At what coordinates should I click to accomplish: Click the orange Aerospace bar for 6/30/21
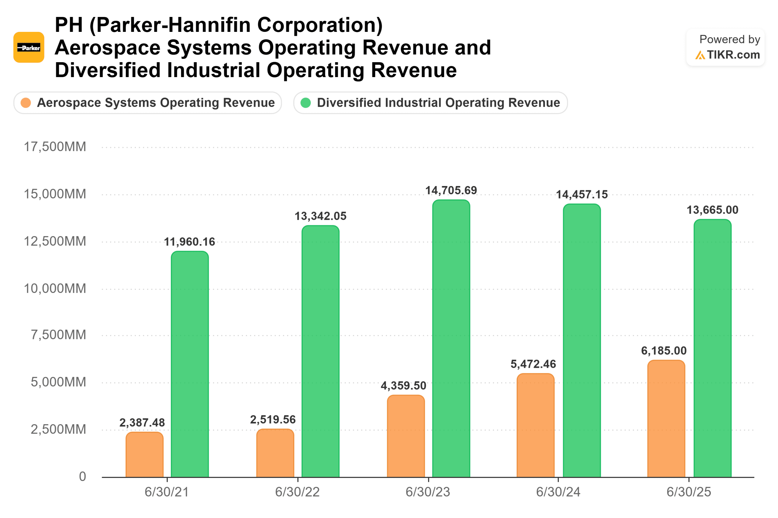pyautogui.click(x=145, y=455)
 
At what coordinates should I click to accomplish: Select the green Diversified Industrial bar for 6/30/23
pyautogui.click(x=451, y=338)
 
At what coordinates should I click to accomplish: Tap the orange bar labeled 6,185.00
pyautogui.click(x=666, y=418)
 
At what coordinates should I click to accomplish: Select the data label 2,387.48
pyautogui.click(x=142, y=422)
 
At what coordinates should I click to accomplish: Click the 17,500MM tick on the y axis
pyautogui.click(x=55, y=147)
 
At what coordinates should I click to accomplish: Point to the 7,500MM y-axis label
pyautogui.click(x=58, y=335)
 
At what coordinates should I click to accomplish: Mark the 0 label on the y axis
pyautogui.click(x=82, y=476)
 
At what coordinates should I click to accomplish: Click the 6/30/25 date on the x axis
pyautogui.click(x=688, y=492)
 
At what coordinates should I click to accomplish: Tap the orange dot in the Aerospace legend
pyautogui.click(x=26, y=103)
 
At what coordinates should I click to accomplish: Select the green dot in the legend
pyautogui.click(x=306, y=103)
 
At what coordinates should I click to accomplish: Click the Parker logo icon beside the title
pyautogui.click(x=29, y=47)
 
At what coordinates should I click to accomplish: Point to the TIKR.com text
pyautogui.click(x=733, y=55)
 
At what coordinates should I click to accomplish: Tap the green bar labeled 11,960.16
pyautogui.click(x=190, y=364)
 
